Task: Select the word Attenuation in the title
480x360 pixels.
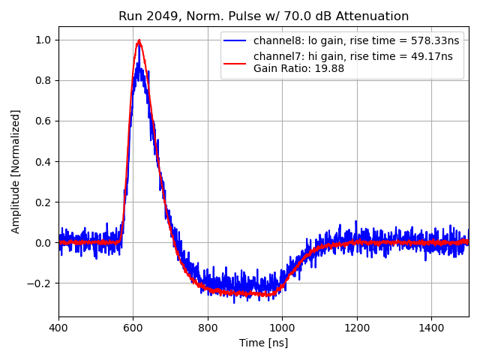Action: (371, 16)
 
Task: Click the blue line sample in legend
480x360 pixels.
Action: (235, 40)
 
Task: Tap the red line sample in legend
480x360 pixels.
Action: (235, 56)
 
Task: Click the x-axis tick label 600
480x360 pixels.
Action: (133, 328)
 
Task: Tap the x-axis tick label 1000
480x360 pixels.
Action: (282, 328)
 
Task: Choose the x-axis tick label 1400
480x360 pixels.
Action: (431, 328)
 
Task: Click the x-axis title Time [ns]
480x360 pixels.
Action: (263, 343)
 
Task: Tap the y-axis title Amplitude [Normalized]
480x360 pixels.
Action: (16, 172)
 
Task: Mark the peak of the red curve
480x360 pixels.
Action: (139, 40)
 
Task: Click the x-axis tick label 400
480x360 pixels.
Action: (59, 328)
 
